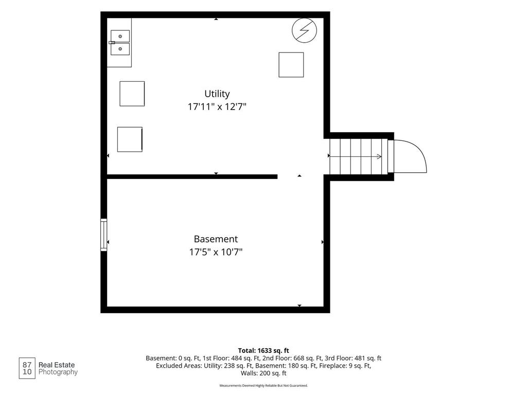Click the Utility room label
point(217,94)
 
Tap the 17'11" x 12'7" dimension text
point(217,107)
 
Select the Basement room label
point(216,239)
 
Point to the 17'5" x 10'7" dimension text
point(216,252)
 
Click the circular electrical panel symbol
point(304,30)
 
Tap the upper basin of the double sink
point(120,36)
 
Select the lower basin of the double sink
point(120,49)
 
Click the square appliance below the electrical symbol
point(291,65)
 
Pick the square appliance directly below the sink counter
point(132,94)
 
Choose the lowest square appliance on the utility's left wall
point(130,139)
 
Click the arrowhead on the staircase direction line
point(379,156)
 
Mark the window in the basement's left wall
point(104,235)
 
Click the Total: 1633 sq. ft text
point(263,351)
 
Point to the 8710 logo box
point(27,368)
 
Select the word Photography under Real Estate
point(58,372)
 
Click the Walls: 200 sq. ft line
point(263,373)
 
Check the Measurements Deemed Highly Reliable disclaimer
point(263,386)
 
